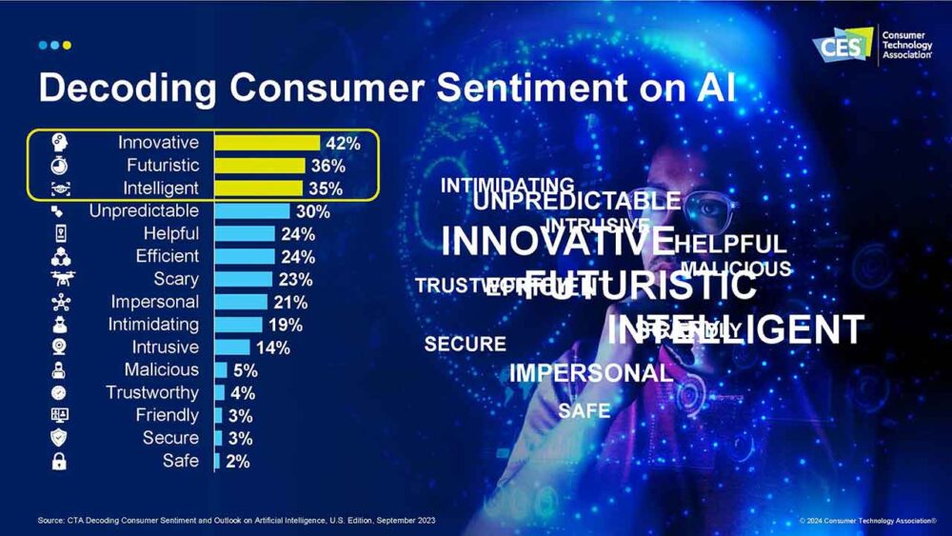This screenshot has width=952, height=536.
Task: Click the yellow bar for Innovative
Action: (x=267, y=143)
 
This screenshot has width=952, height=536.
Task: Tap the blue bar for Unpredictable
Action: (x=252, y=211)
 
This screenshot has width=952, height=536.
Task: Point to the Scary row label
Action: (x=176, y=279)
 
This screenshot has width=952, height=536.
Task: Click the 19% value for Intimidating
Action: (x=286, y=325)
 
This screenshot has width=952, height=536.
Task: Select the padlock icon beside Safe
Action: (x=59, y=462)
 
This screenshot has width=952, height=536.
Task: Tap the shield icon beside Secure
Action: (x=59, y=438)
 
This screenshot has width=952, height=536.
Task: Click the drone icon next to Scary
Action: (x=59, y=279)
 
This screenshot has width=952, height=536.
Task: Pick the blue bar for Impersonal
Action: (x=241, y=302)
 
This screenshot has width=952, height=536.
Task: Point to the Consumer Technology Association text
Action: (x=908, y=46)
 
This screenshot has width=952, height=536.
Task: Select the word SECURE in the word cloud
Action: (x=465, y=345)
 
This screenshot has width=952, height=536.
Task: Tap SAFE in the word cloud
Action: (x=584, y=411)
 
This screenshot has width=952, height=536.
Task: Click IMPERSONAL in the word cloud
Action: (x=590, y=373)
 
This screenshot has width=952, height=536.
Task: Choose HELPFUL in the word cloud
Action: (x=730, y=244)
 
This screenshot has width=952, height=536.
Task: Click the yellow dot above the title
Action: (x=67, y=45)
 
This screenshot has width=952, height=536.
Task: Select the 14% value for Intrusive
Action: (x=272, y=347)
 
